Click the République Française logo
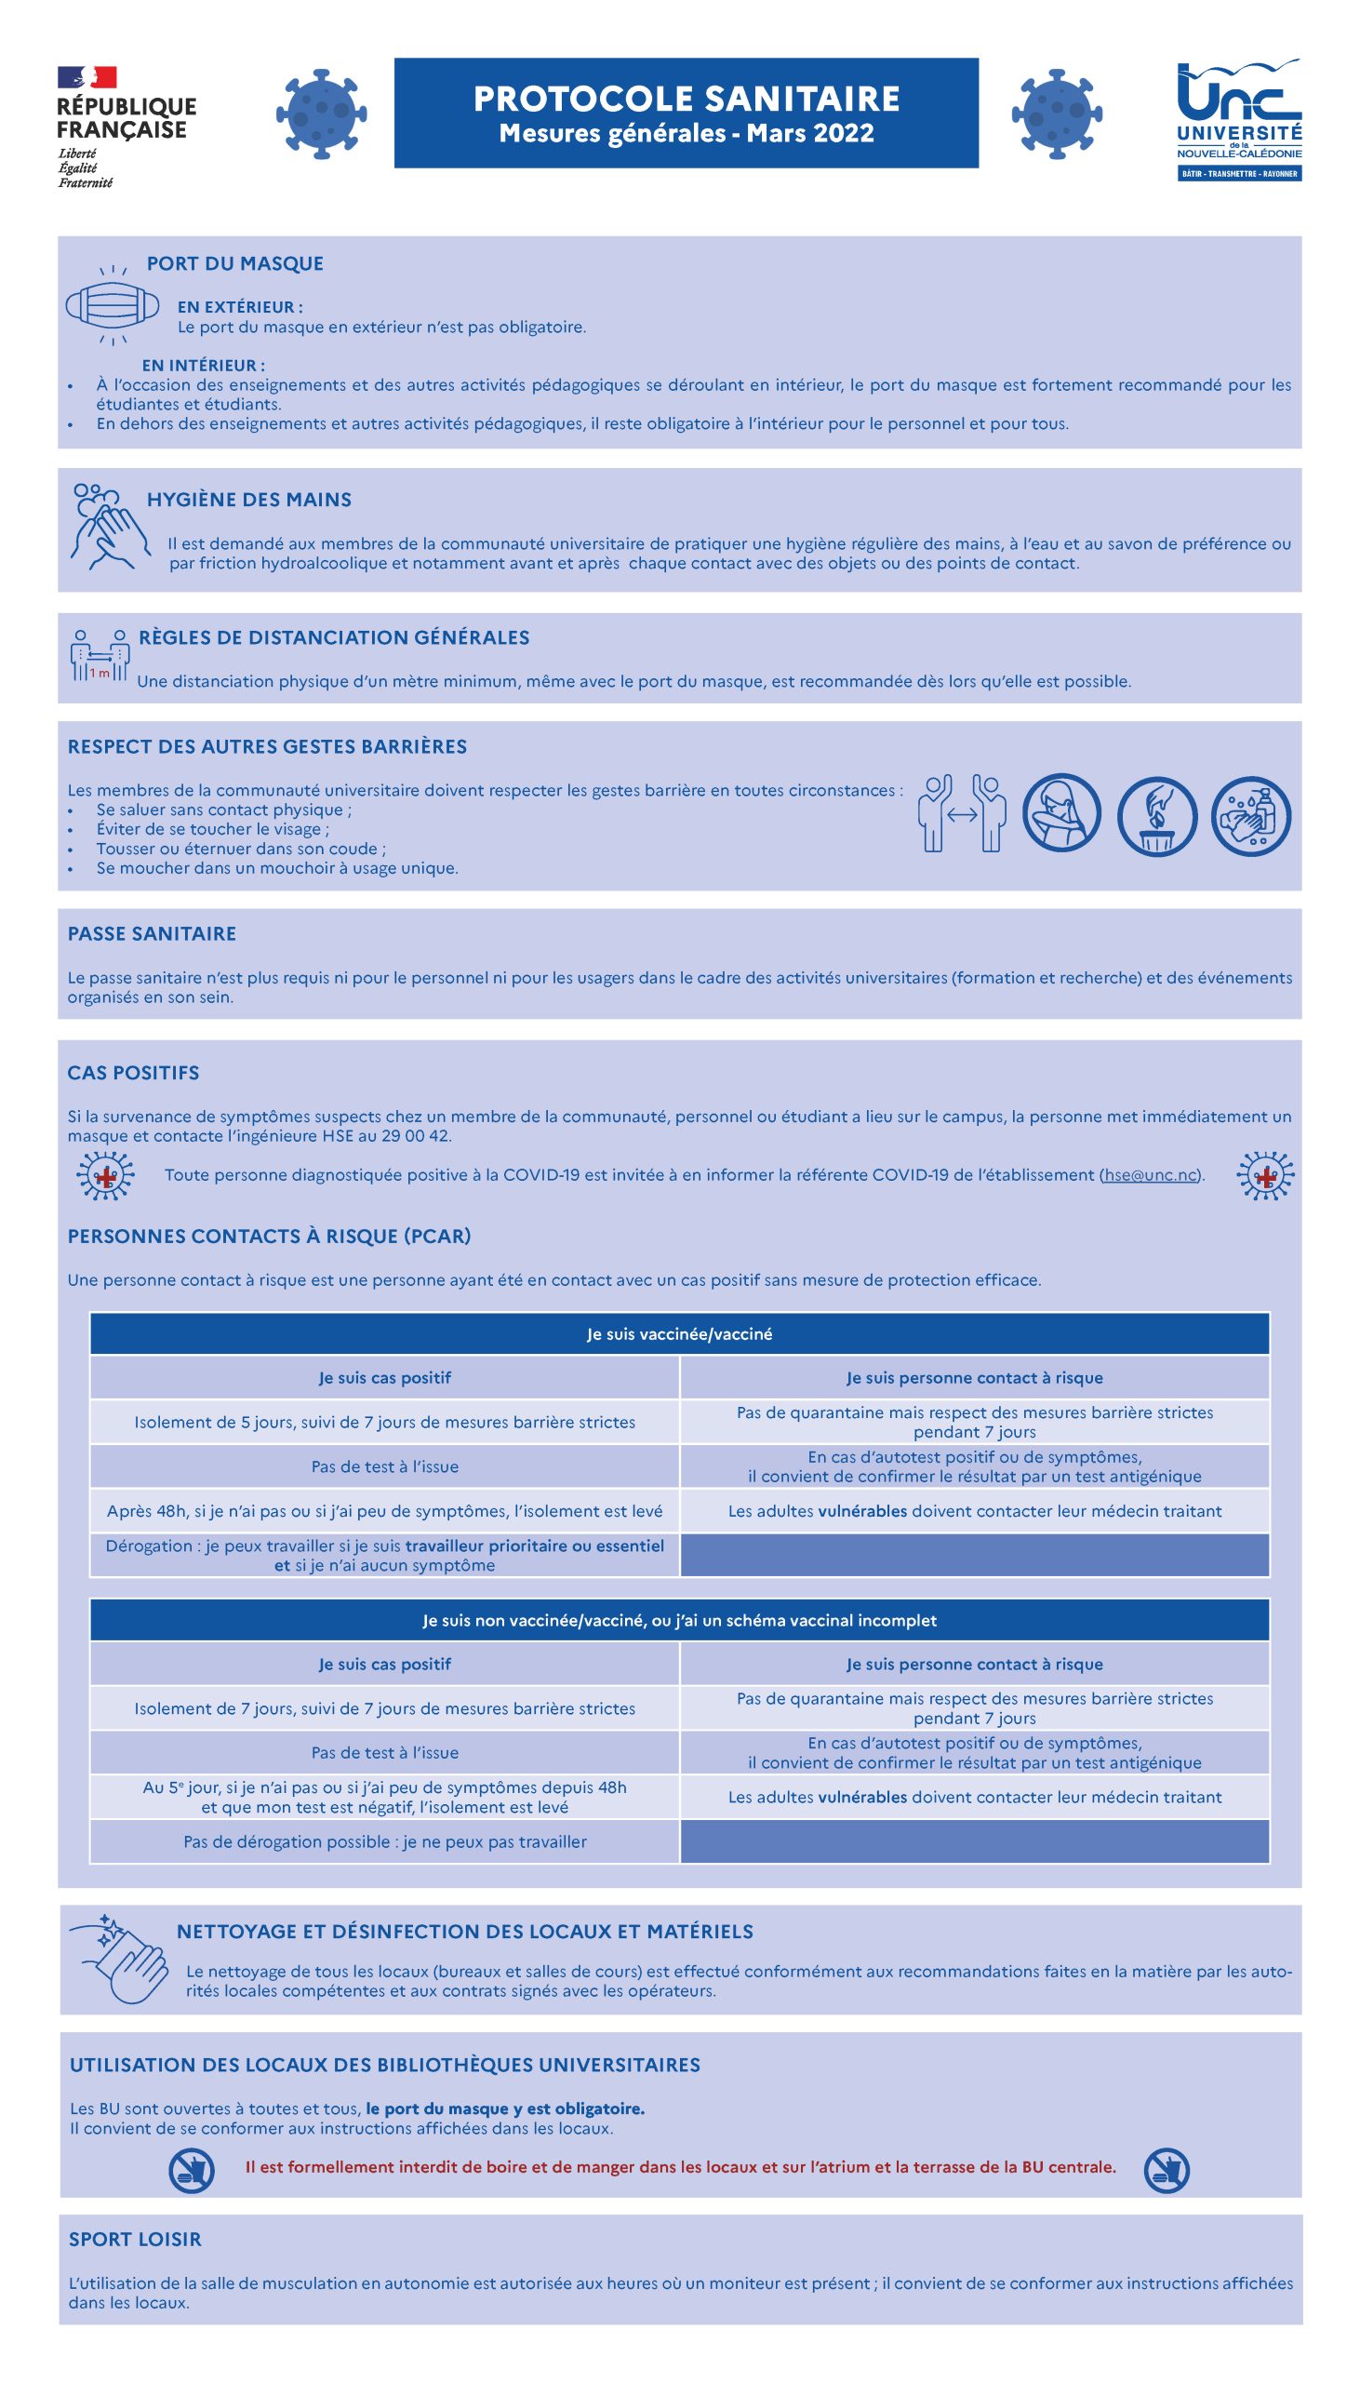(x=127, y=127)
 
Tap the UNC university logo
(x=1238, y=120)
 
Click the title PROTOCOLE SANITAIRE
(x=686, y=99)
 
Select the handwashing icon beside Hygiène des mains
(x=109, y=526)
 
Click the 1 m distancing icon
(x=99, y=654)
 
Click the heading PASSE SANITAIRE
(x=152, y=933)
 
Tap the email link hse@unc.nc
(x=1151, y=1175)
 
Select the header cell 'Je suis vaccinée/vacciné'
(x=679, y=1334)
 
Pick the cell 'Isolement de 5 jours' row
(x=385, y=1422)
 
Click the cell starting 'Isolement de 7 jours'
(x=385, y=1708)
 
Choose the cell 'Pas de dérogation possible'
(x=385, y=1842)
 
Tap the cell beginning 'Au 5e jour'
(x=385, y=1798)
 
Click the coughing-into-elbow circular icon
(x=1061, y=813)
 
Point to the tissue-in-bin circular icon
(x=1156, y=815)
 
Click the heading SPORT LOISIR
(x=135, y=2239)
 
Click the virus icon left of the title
(x=320, y=112)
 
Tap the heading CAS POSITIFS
(x=133, y=1073)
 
